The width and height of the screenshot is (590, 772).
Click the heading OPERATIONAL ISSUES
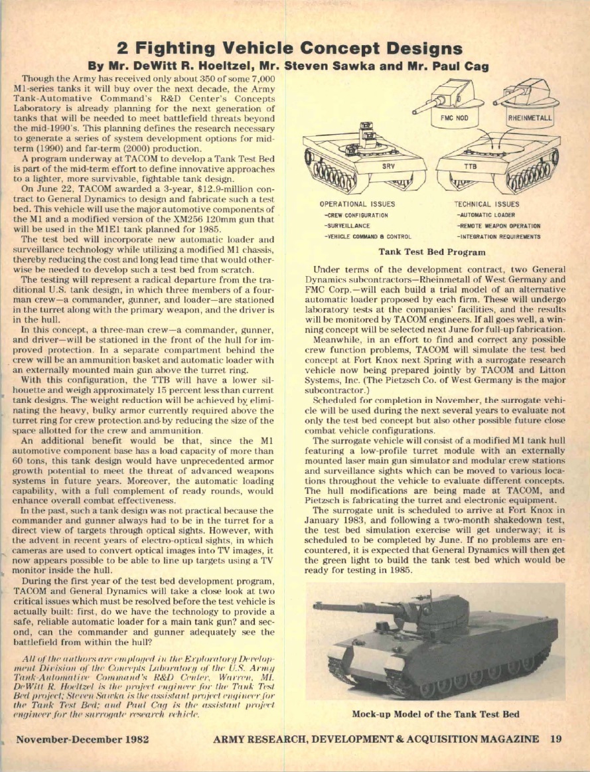(x=357, y=204)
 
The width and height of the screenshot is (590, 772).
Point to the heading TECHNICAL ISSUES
(x=486, y=204)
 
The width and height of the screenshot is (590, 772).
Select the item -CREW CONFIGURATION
(x=355, y=215)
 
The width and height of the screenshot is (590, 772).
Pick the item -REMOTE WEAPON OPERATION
(x=498, y=226)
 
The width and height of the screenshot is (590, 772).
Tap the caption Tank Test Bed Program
(x=432, y=252)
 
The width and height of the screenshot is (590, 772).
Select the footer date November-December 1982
(x=82, y=739)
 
